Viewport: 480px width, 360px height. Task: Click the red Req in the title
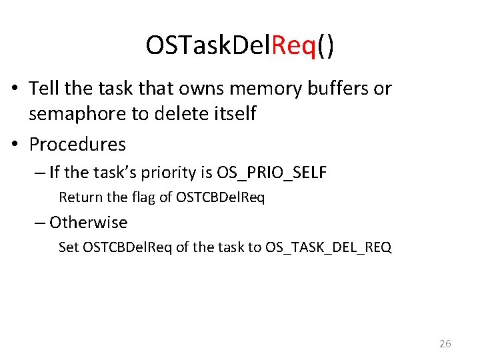tap(293, 45)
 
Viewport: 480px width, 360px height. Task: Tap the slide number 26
tap(445, 344)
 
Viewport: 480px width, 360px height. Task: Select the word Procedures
tap(77, 144)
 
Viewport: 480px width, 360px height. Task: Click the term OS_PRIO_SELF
tap(272, 173)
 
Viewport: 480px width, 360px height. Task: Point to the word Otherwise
tap(88, 222)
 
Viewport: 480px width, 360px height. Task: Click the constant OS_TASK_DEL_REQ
tap(329, 247)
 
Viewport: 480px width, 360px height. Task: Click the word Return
tap(78, 197)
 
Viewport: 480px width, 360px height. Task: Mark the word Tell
tap(43, 88)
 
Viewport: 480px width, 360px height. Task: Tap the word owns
tap(192, 88)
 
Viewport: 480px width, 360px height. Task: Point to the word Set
tap(69, 247)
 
